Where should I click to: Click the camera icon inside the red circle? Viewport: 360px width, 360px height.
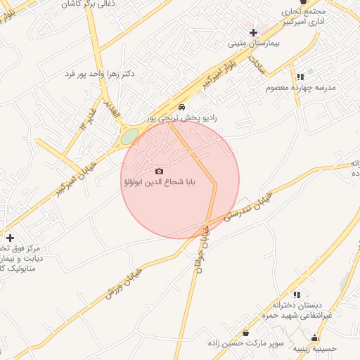click(159, 171)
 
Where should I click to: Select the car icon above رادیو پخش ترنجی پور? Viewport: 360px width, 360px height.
click(182, 108)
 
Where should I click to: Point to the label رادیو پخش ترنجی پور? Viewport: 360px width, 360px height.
click(181, 119)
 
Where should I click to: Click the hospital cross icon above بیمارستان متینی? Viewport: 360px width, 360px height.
click(253, 32)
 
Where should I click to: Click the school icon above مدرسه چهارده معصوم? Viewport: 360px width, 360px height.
click(300, 77)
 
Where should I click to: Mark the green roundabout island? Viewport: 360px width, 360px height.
click(127, 136)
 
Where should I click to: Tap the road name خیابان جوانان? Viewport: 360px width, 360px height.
click(203, 247)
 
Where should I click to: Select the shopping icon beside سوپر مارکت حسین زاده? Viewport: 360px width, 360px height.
click(245, 333)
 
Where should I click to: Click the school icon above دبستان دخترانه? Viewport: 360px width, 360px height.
click(297, 295)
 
